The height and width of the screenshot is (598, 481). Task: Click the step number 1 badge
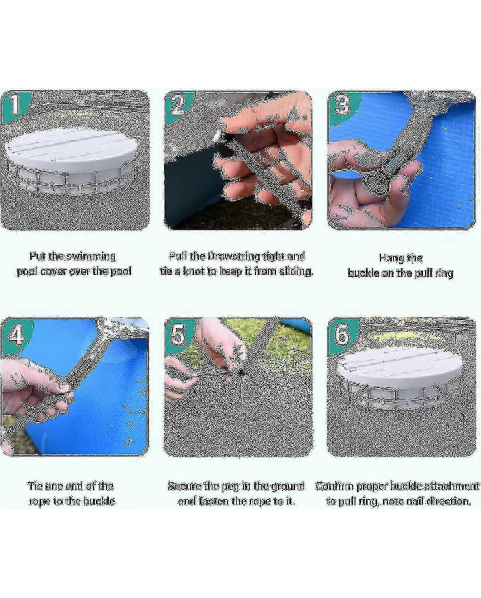point(15,105)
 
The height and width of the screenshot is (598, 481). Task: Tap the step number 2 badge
point(178,105)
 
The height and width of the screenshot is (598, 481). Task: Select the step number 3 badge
point(342,105)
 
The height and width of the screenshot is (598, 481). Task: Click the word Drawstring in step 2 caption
point(233,256)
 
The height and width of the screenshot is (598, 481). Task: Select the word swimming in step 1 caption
point(91,256)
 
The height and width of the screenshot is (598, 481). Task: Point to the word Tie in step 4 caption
point(35,486)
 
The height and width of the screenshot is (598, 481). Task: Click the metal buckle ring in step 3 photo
point(374,180)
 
